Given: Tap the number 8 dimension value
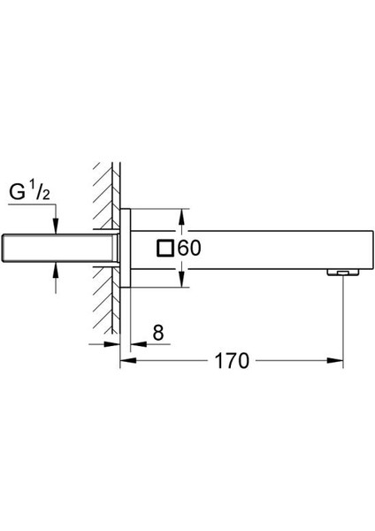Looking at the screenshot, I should pyautogui.click(x=157, y=333).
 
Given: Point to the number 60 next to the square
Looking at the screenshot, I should pyautogui.click(x=189, y=249).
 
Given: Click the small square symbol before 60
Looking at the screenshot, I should pyautogui.click(x=165, y=249).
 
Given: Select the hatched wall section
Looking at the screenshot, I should pyautogui.click(x=103, y=248).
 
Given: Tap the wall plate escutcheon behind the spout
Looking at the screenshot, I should pyautogui.click(x=126, y=248).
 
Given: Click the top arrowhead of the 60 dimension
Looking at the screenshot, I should pyautogui.click(x=182, y=215).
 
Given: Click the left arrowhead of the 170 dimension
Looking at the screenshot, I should pyautogui.click(x=125, y=361).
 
